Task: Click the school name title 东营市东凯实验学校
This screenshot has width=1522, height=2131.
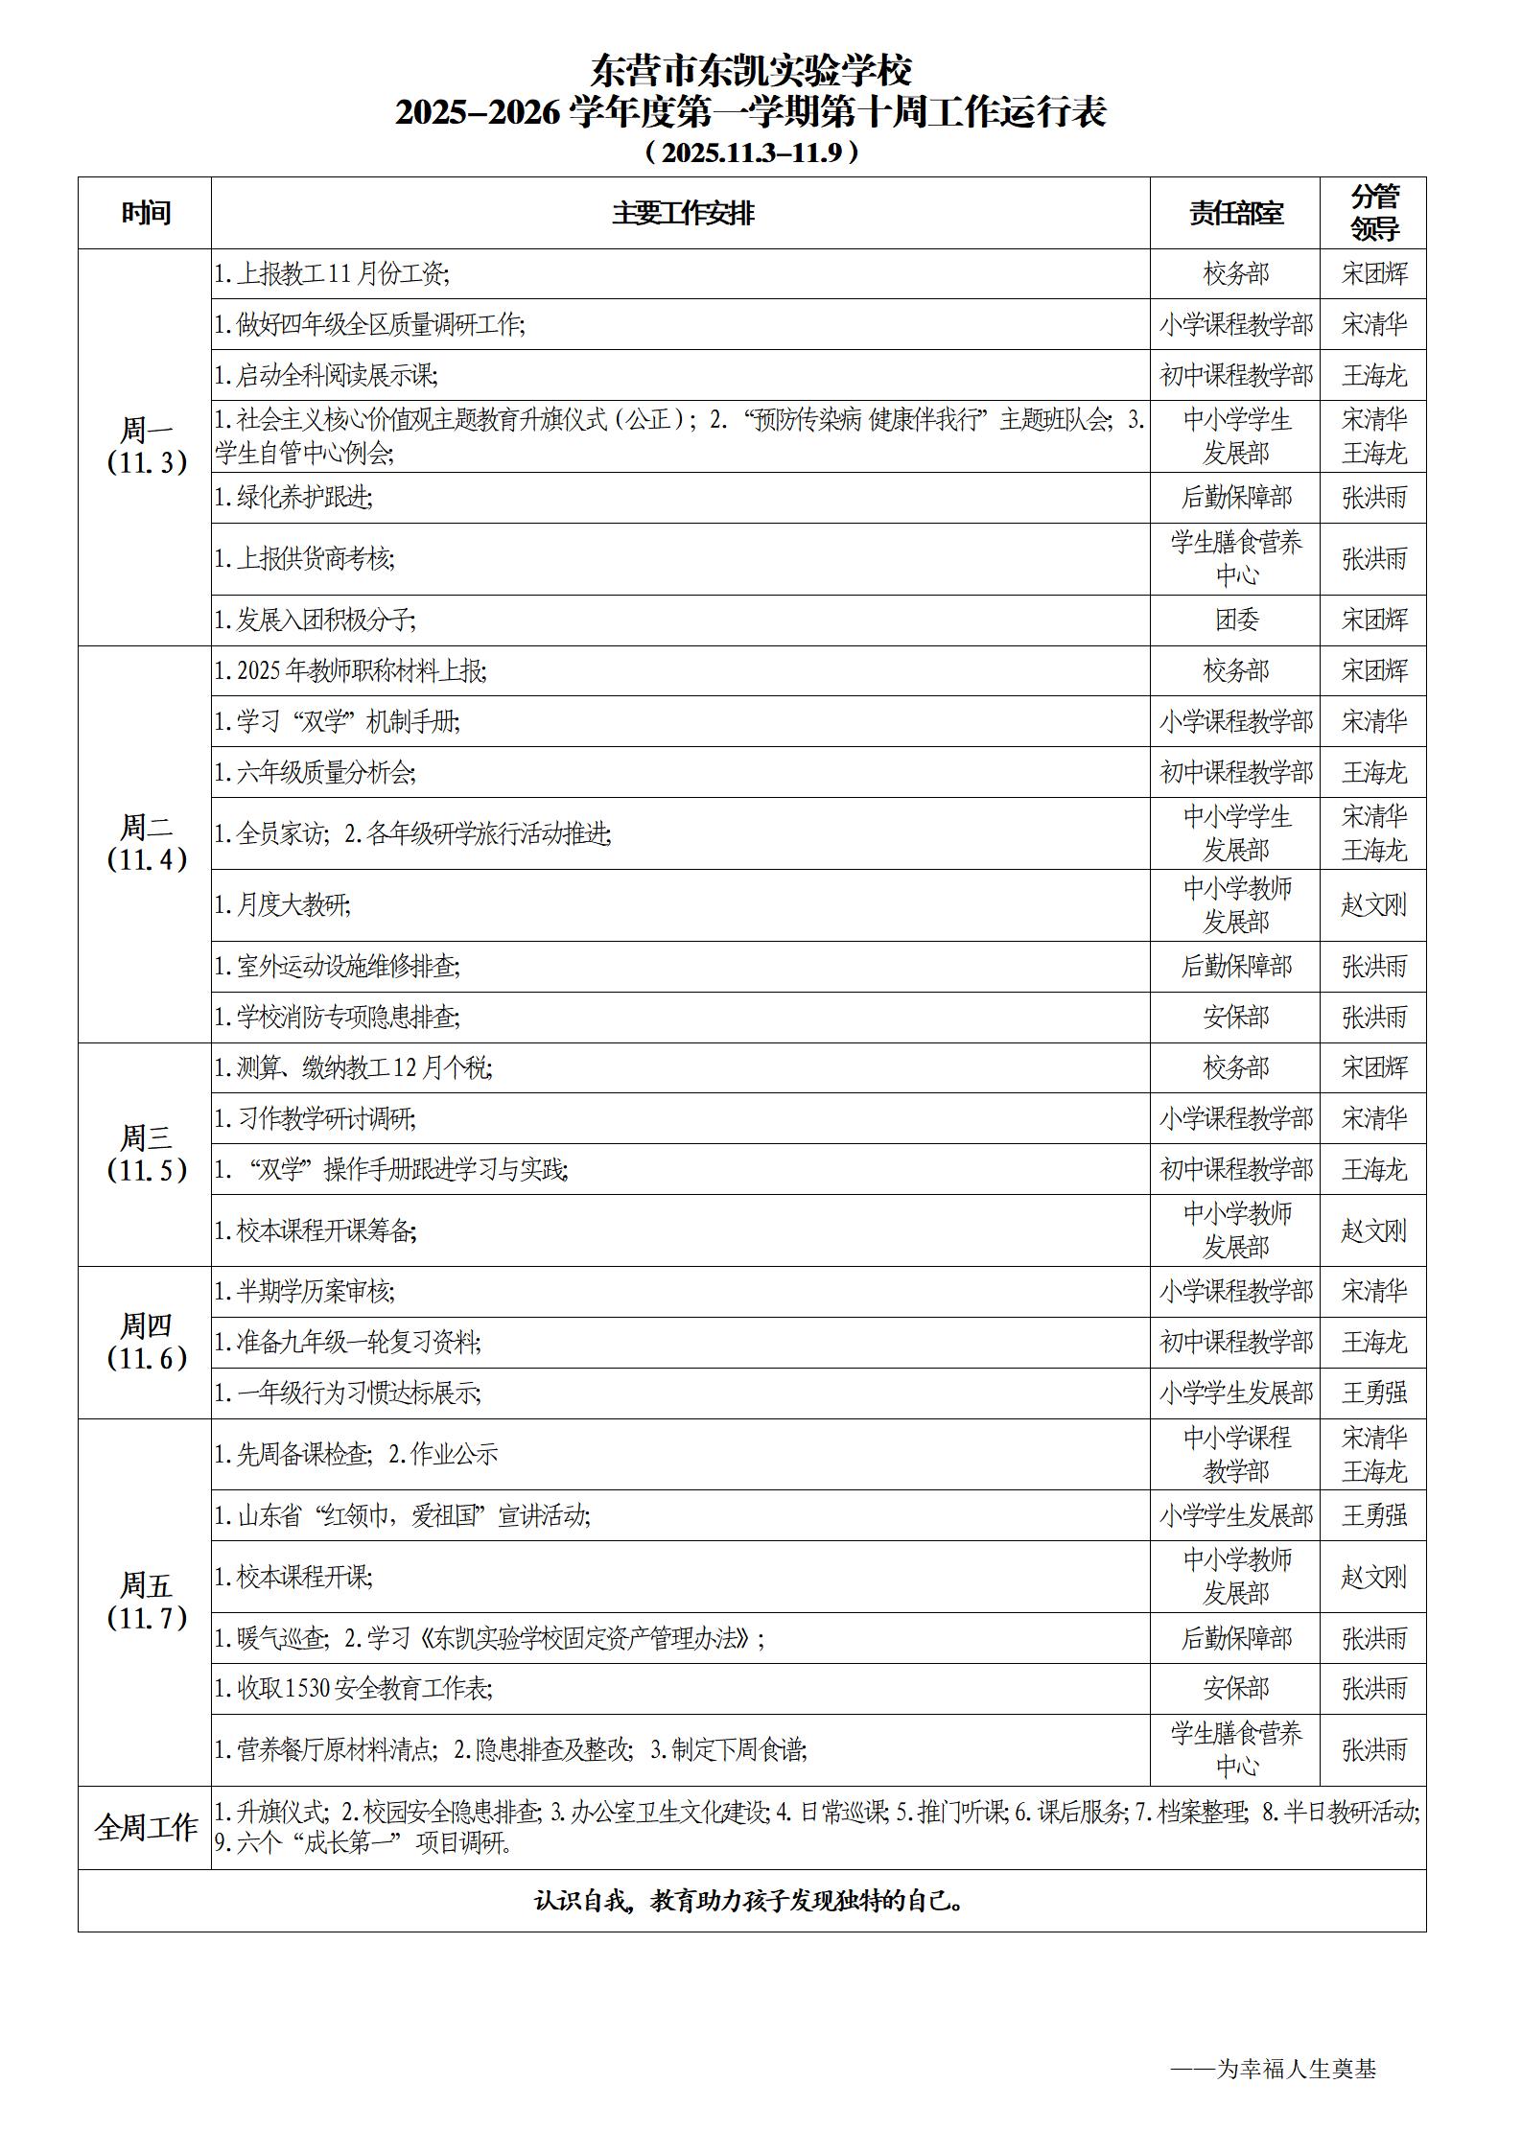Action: click(751, 71)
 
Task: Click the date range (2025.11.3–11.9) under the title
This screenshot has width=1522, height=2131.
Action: click(751, 152)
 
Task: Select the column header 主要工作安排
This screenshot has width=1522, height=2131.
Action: click(682, 213)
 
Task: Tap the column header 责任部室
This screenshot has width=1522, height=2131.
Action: click(1235, 213)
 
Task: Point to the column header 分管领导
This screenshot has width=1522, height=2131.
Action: click(1373, 213)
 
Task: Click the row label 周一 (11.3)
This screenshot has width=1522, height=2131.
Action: click(146, 447)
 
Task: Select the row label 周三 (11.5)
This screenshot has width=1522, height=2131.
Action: click(146, 1154)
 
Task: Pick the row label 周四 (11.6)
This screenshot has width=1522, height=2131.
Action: click(146, 1342)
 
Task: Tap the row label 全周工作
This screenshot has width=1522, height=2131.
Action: click(146, 1827)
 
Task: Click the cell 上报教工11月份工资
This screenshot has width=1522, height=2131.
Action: click(332, 274)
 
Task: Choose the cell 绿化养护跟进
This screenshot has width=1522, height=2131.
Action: click(293, 497)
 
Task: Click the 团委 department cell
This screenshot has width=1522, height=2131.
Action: click(1235, 620)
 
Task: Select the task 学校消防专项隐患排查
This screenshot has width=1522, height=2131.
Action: click(337, 1017)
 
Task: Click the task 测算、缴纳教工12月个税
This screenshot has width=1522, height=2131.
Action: click(354, 1067)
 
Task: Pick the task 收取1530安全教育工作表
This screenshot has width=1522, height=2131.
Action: click(354, 1688)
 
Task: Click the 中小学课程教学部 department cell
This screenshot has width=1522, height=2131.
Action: click(1235, 1454)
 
